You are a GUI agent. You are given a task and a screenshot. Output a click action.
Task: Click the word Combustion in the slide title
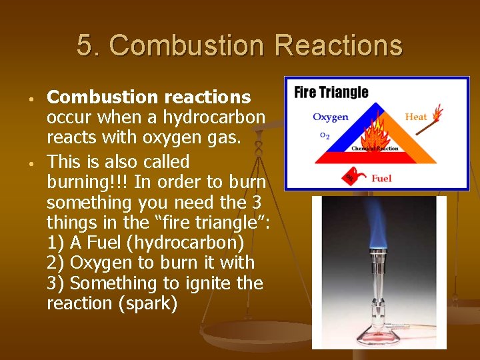pos(171,46)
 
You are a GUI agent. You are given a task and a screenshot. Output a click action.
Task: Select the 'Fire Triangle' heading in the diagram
pos(331,92)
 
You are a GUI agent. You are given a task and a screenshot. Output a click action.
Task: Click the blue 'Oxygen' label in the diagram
pos(330,117)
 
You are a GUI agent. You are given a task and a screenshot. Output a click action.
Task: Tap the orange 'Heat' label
pos(415,117)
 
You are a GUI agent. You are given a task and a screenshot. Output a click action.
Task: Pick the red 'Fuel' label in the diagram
pos(381,178)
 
